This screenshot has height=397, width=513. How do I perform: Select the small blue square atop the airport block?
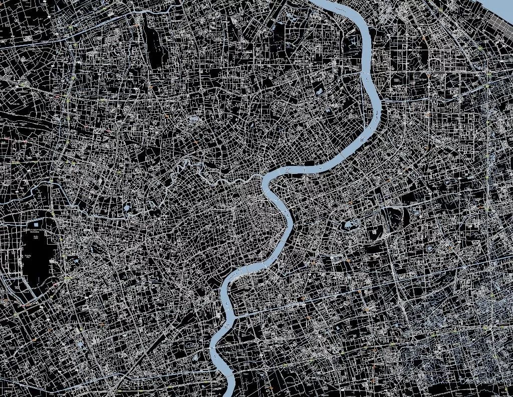(x=35, y=233)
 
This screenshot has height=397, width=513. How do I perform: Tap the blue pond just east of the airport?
(x=75, y=261)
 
